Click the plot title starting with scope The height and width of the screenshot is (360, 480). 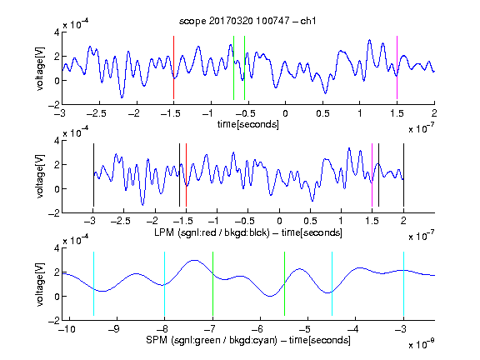point(247,21)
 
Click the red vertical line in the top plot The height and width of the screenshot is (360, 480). point(173,67)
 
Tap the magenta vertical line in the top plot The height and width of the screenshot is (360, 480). point(397,67)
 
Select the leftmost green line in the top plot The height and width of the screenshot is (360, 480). point(233,67)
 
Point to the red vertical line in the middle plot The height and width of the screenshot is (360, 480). point(186,175)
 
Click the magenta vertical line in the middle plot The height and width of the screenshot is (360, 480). point(372,175)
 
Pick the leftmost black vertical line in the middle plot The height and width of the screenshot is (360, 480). point(93,175)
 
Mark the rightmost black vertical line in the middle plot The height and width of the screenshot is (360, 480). point(403,175)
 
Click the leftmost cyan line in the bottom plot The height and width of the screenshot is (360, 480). point(93,283)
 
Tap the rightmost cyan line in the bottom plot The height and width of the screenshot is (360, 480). point(403,283)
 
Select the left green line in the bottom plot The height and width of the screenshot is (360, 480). point(212,283)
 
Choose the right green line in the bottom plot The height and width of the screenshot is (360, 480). point(284,283)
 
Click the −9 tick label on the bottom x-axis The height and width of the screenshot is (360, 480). point(114,329)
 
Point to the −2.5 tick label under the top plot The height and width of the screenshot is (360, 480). point(96,113)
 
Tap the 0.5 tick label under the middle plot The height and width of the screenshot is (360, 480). point(310,221)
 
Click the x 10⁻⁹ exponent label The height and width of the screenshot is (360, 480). point(422,343)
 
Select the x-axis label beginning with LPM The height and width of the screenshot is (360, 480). point(248,232)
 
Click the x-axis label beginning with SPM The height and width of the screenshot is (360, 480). point(248,340)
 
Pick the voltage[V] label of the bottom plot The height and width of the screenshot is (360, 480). point(40,284)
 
